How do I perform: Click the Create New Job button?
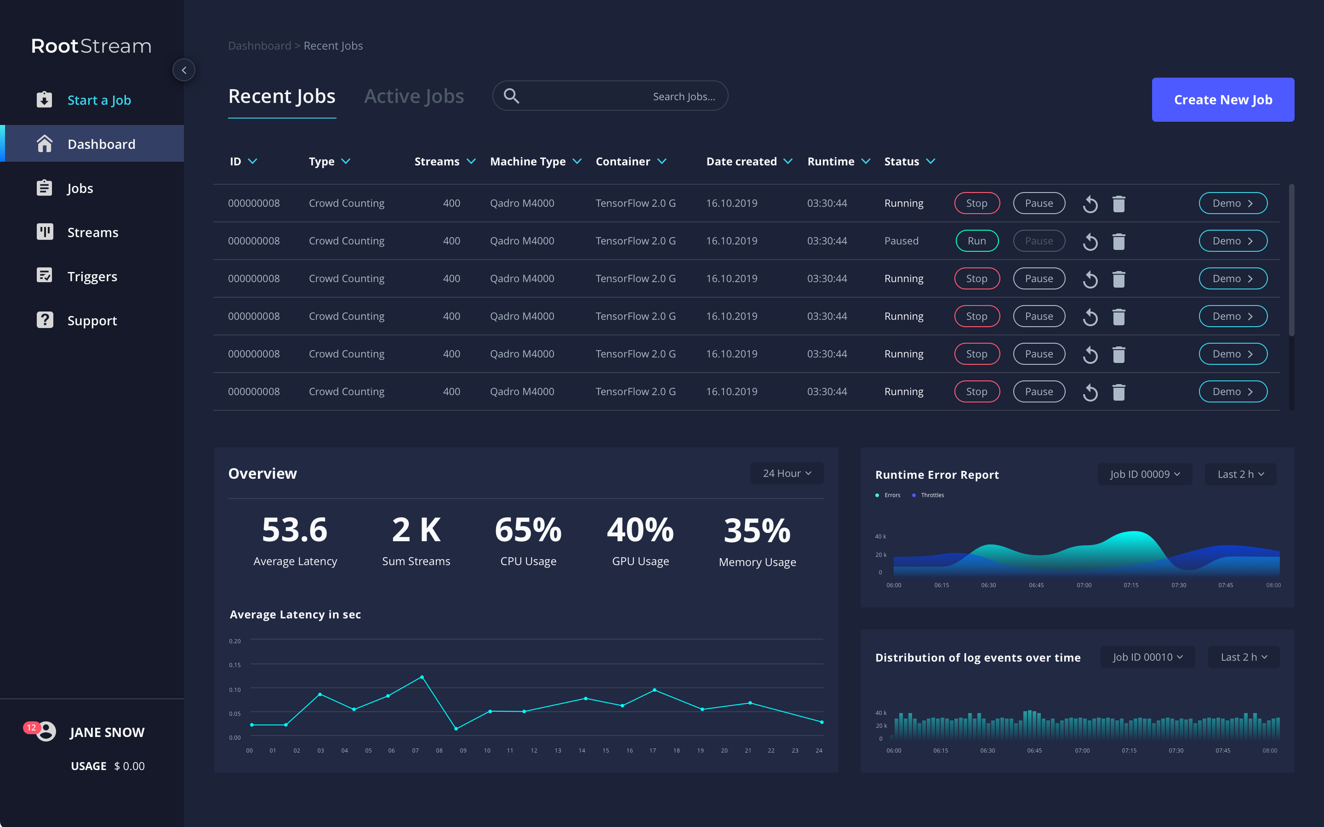point(1223,100)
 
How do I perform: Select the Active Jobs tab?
point(414,96)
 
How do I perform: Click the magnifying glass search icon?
point(511,96)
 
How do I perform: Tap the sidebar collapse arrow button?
point(184,70)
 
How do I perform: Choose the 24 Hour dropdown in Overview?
point(787,473)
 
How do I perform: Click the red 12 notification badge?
point(31,727)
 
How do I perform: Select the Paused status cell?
point(901,241)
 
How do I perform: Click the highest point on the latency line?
point(422,677)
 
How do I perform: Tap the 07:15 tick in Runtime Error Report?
point(1131,585)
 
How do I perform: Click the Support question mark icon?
point(45,320)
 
